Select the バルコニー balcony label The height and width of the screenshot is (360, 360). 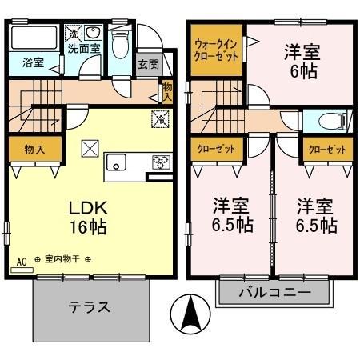tap(274, 294)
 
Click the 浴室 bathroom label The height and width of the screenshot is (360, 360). tap(32, 62)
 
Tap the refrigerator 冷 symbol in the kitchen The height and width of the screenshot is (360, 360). tap(159, 120)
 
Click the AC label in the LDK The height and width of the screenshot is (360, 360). tap(21, 260)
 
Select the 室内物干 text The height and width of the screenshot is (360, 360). tap(62, 260)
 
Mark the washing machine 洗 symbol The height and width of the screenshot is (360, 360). tap(74, 34)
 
